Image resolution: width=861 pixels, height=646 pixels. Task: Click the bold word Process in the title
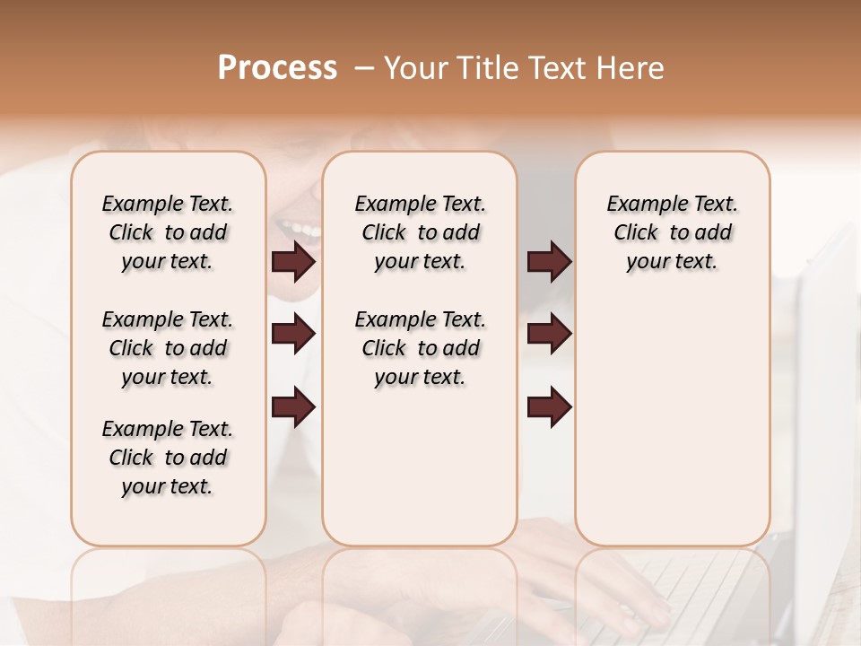(x=277, y=68)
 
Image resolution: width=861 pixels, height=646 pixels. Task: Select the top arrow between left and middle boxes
(x=293, y=262)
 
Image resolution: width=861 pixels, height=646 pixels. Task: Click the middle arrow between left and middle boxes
(x=293, y=335)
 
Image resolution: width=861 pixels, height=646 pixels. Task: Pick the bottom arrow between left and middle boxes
(x=293, y=407)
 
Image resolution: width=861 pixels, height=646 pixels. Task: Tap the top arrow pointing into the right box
(x=549, y=262)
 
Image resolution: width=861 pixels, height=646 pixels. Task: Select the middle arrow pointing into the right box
(x=549, y=335)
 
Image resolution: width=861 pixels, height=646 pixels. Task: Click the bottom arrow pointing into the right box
(x=549, y=407)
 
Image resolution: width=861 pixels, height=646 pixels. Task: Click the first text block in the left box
(x=168, y=232)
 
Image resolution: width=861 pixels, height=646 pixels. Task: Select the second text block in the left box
(x=168, y=348)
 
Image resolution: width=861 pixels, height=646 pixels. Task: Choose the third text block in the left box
(x=168, y=458)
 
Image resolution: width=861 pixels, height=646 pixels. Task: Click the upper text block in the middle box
(x=420, y=232)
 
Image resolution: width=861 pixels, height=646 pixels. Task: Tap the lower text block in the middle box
(x=420, y=348)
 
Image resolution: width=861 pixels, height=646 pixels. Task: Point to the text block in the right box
(x=672, y=232)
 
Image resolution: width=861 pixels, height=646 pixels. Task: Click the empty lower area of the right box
(x=672, y=422)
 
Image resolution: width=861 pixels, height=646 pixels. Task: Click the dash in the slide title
(x=364, y=69)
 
